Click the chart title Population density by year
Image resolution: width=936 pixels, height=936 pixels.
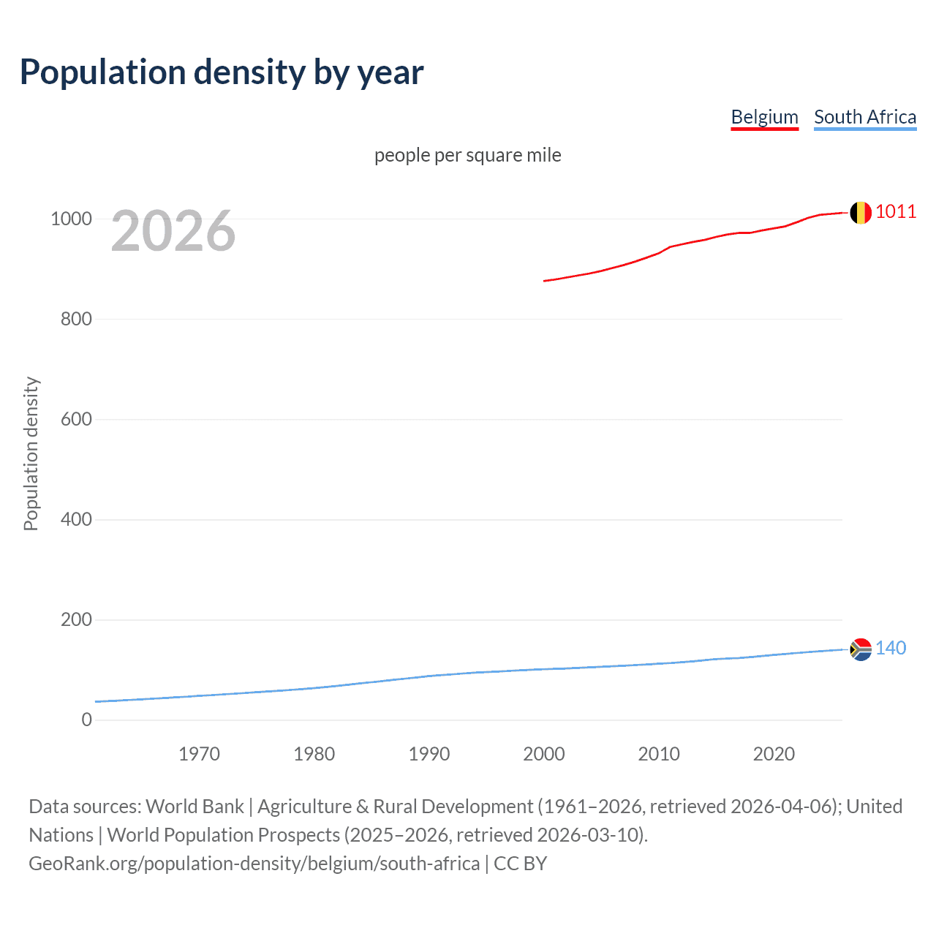point(222,72)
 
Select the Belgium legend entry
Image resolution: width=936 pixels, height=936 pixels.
point(764,117)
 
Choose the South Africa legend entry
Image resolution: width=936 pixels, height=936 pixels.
point(864,117)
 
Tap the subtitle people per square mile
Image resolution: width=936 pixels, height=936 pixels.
point(467,155)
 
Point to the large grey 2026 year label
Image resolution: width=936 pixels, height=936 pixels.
point(173,231)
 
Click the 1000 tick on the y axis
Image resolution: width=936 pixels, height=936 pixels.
point(71,219)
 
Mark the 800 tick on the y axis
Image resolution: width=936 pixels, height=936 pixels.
point(76,319)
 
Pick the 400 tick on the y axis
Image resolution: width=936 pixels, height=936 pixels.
point(76,519)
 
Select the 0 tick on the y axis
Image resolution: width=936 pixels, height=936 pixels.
point(87,720)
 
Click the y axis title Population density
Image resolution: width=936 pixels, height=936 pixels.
point(31,453)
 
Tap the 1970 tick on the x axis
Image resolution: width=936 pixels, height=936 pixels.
point(199,754)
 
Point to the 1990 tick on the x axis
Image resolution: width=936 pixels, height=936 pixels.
point(429,754)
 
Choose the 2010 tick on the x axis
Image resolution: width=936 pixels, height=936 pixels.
point(659,754)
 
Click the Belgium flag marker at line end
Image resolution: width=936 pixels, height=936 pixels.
point(861,212)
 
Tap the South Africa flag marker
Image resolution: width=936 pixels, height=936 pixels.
point(861,649)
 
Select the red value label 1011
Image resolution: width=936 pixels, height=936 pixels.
point(896,212)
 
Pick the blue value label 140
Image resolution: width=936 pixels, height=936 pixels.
point(891,649)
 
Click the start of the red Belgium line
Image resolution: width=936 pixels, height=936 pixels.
point(545,281)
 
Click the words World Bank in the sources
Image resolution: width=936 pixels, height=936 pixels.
point(195,807)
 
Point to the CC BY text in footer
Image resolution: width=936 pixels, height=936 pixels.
point(520,864)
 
